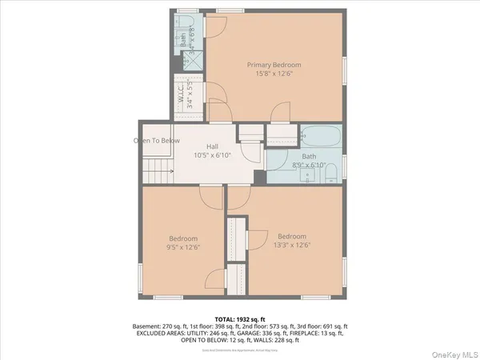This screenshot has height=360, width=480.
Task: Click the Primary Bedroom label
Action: pos(274,64)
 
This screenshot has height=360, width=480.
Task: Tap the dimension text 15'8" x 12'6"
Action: pos(274,74)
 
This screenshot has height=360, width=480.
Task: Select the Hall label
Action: pos(212,146)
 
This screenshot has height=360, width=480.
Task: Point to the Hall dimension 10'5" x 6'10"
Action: pos(212,156)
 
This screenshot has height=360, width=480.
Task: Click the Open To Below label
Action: pos(156,141)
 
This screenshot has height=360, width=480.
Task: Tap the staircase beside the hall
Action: pos(159,169)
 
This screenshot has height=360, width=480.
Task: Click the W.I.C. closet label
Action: pos(182,93)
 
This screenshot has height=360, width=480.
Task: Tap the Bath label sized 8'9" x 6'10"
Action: pos(308,157)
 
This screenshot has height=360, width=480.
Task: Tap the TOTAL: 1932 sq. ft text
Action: pos(240,319)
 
